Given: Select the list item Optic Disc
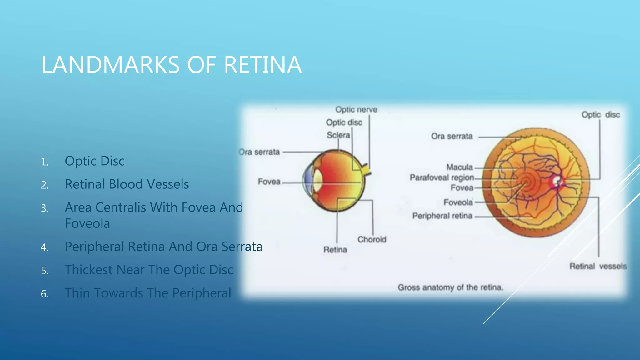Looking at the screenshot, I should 94,161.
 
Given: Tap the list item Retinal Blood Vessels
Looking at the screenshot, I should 127,184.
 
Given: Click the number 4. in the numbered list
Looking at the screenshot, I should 45,247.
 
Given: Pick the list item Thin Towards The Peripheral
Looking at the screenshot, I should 148,293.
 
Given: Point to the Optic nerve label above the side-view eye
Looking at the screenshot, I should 356,110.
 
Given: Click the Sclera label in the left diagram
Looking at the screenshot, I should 338,135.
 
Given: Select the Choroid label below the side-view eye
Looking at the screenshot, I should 372,240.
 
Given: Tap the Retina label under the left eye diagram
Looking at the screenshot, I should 335,250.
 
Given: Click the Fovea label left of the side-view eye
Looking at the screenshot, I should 269,182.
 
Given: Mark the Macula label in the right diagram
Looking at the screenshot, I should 459,167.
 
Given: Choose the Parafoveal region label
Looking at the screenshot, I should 442,177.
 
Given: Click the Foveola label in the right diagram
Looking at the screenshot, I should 458,202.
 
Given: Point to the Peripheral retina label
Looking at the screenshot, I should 442,216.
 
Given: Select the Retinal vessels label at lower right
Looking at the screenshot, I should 598,266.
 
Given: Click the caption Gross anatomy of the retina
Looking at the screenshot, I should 450,287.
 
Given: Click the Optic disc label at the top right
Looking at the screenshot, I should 600,115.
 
